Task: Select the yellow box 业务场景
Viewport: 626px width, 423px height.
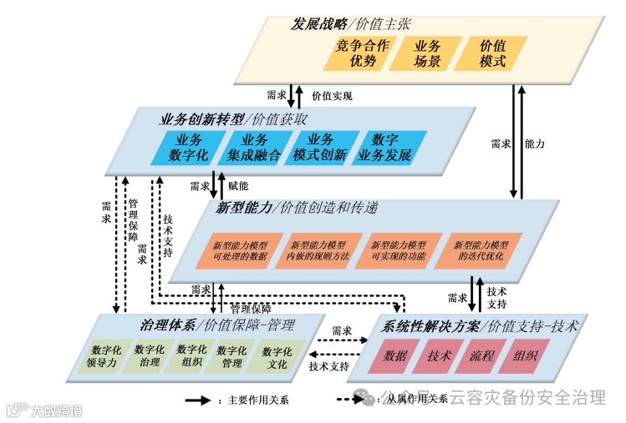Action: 424,53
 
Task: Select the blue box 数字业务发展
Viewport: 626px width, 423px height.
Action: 385,148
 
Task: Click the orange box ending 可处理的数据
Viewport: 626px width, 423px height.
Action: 241,250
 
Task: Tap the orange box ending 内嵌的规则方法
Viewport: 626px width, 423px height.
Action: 318,250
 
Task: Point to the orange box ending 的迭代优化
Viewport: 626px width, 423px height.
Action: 481,250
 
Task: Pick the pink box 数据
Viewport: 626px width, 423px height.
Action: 394,356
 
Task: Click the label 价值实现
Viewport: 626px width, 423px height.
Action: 332,96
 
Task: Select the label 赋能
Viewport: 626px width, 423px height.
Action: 238,186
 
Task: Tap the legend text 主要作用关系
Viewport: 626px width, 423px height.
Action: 255,400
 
